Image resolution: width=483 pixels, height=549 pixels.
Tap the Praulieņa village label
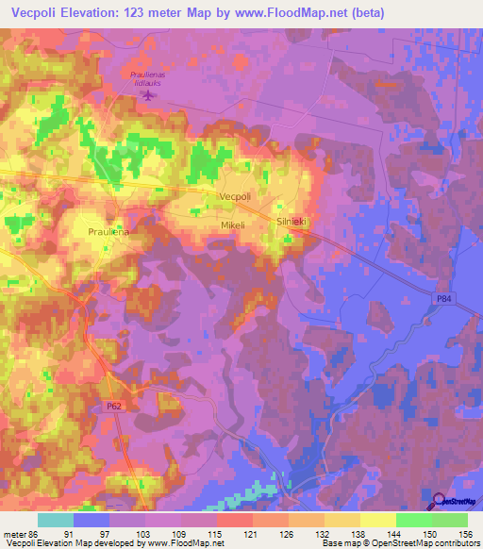pyautogui.click(x=108, y=231)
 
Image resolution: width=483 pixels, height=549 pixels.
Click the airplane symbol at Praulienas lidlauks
pyautogui.click(x=146, y=92)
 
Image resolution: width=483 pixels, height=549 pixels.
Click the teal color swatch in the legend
pyautogui.click(x=56, y=521)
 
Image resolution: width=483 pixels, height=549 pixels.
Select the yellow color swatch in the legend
pyautogui.click(x=377, y=521)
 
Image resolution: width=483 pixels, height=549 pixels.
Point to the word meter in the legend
pyautogui.click(x=12, y=534)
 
